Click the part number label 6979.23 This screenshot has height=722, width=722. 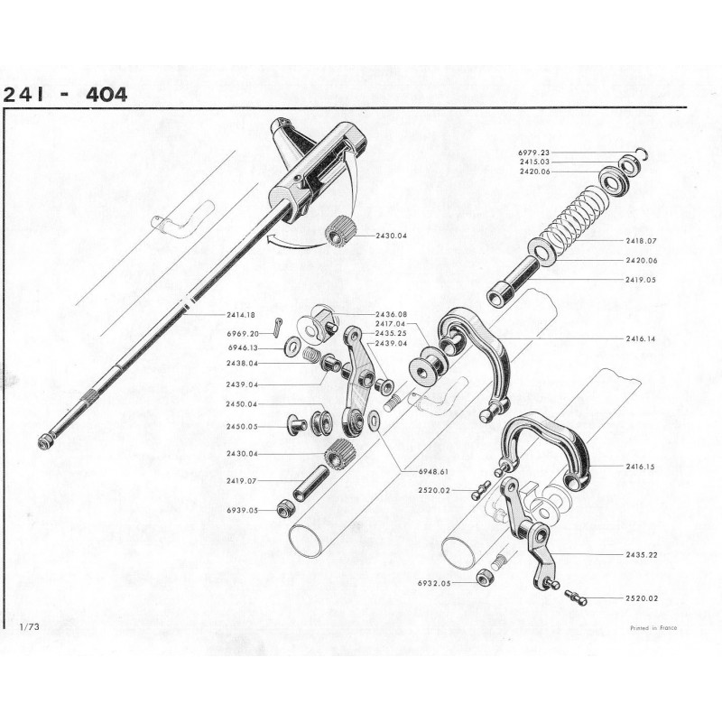tap(533, 153)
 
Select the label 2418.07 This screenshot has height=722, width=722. tap(641, 241)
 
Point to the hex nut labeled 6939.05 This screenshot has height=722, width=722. tap(283, 508)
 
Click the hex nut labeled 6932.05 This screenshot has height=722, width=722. tap(483, 577)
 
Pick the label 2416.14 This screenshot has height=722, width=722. tap(641, 339)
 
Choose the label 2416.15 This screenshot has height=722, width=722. tap(641, 467)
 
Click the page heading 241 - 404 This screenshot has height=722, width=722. tap(65, 95)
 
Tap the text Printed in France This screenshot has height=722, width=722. tap(653, 628)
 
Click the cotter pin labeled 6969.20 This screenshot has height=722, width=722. tap(280, 328)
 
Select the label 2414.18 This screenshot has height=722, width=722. tap(241, 315)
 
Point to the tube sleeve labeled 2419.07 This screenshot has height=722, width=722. tap(310, 484)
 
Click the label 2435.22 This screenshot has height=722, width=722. tap(642, 555)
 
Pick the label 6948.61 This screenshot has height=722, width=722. tap(433, 472)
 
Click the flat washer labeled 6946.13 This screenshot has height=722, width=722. tap(291, 344)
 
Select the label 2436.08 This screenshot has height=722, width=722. tap(391, 314)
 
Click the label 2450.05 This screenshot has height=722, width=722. tap(242, 427)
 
